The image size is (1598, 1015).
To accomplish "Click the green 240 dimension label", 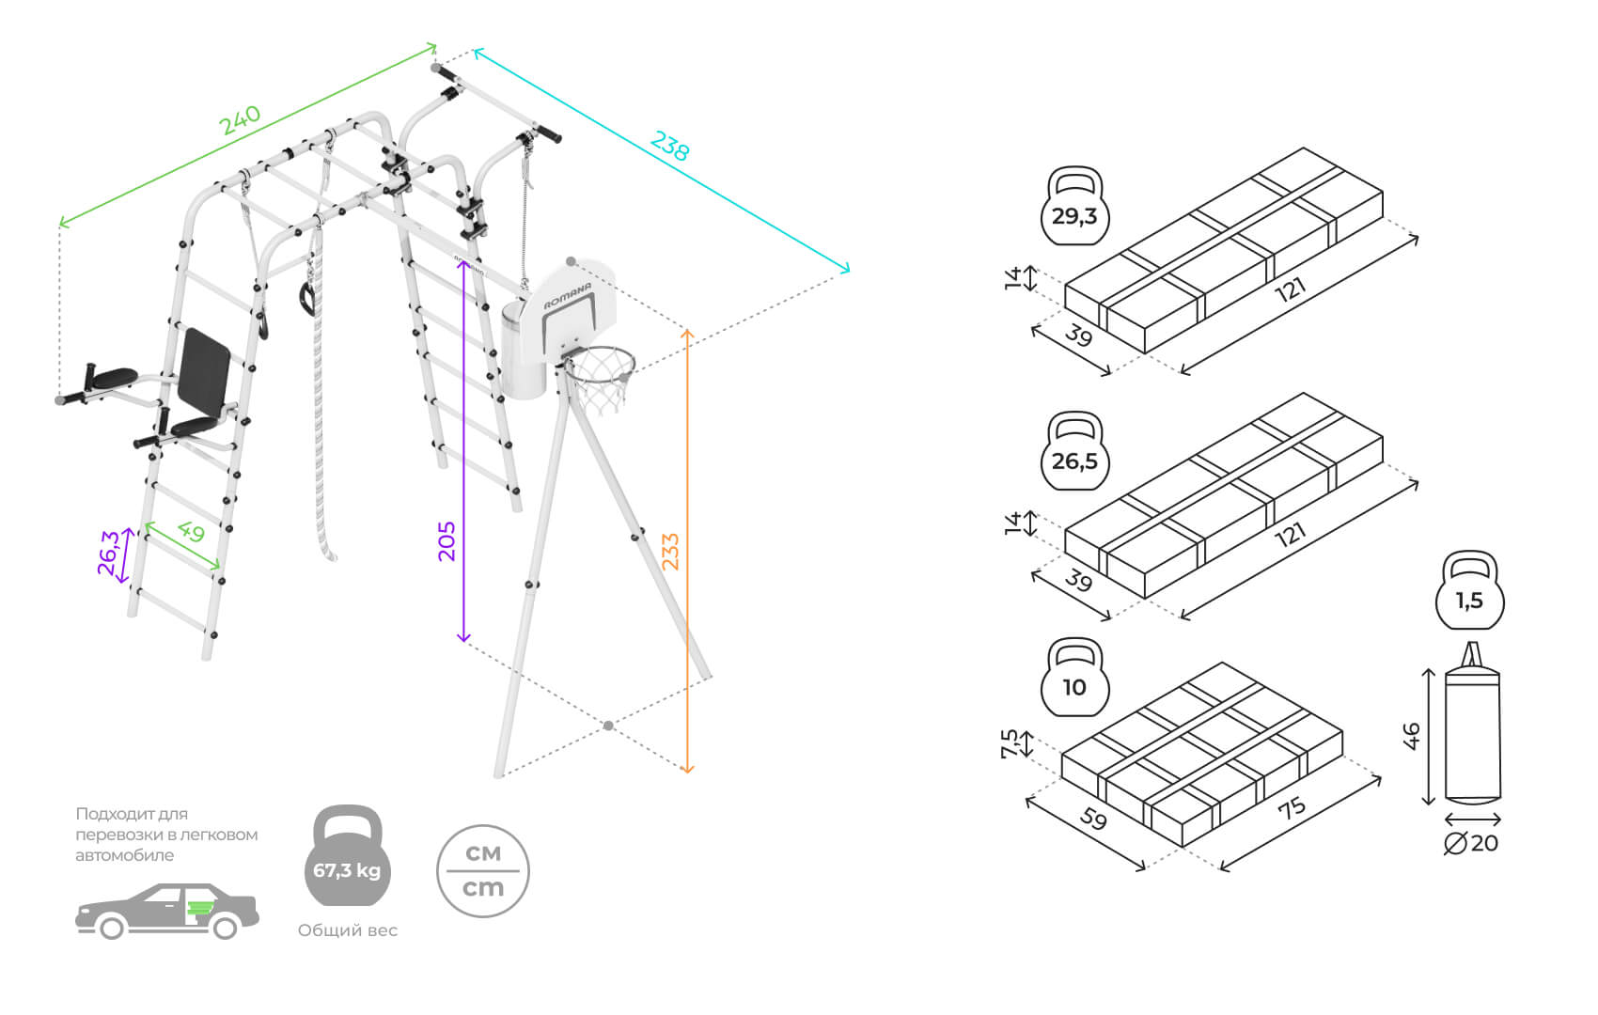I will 240,119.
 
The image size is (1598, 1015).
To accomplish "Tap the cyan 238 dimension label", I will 669,146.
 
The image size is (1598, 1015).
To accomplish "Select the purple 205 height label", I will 446,541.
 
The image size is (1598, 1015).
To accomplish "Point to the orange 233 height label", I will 670,552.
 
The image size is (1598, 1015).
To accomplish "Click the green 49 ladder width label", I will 191,532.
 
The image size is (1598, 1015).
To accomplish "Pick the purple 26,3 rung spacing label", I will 109,553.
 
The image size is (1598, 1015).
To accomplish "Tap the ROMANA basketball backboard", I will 570,310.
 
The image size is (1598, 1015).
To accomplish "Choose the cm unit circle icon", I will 483,871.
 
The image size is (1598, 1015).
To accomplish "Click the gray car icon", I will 166,911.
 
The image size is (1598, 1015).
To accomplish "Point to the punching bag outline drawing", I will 1472,728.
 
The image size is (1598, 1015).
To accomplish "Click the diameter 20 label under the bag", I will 1472,843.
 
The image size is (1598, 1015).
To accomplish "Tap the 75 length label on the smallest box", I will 1292,807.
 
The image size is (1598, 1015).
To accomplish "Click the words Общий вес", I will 348,930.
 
